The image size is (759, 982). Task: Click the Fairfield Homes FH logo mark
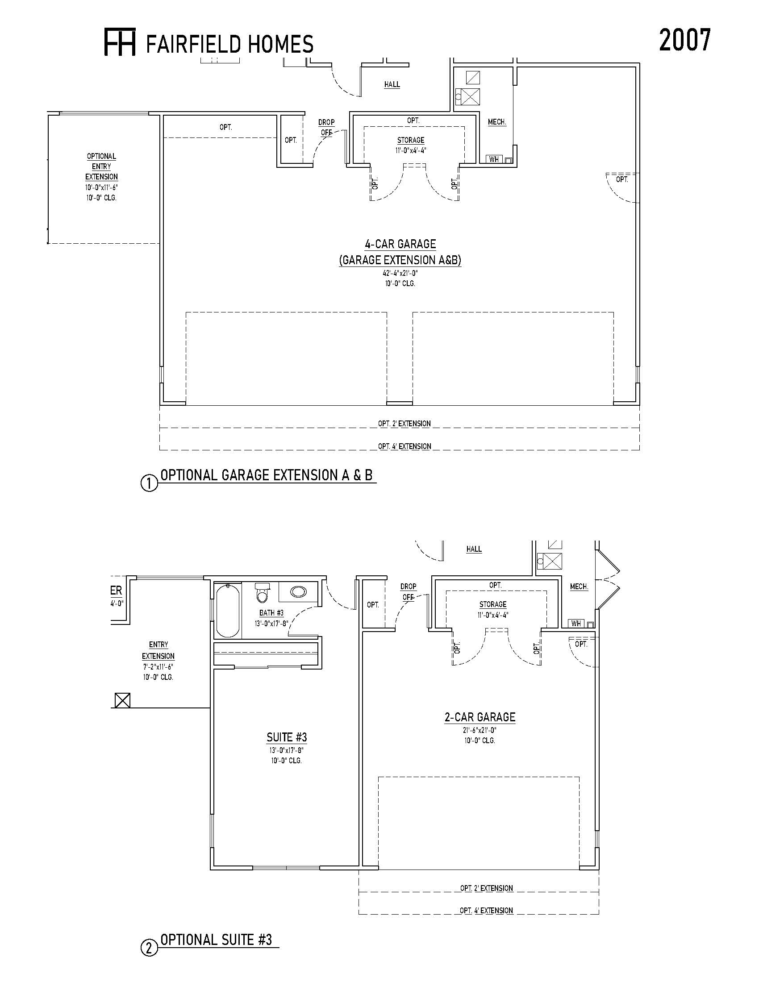click(120, 42)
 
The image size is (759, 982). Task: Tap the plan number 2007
click(685, 40)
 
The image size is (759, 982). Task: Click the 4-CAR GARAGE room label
click(400, 244)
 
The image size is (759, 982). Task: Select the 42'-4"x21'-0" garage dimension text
click(400, 273)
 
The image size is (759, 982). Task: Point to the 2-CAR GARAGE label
click(480, 717)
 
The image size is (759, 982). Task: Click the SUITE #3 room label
click(287, 737)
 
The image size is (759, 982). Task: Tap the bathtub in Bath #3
click(228, 610)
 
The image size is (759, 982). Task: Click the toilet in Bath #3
click(262, 592)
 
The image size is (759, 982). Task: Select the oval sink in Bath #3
click(298, 592)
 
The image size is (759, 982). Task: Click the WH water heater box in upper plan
click(494, 159)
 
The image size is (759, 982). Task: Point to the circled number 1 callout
click(150, 484)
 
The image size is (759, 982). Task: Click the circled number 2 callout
click(150, 948)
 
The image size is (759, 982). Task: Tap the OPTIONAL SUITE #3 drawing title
click(216, 940)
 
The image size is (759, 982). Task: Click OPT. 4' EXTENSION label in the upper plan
click(404, 446)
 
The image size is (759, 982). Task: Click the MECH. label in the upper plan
click(497, 122)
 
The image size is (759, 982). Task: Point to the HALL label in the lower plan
click(474, 549)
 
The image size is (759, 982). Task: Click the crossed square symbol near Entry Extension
click(122, 700)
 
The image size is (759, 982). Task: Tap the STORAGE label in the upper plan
click(410, 140)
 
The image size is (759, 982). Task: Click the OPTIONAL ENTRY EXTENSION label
click(102, 166)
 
